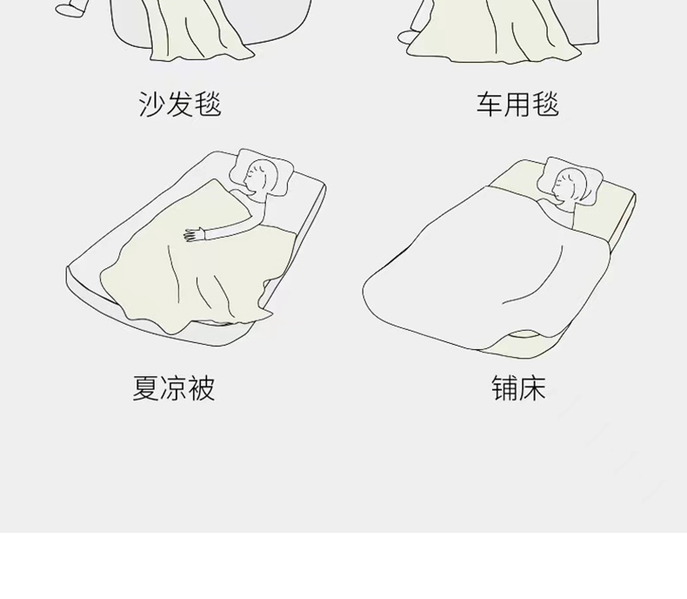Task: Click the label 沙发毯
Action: pos(180,104)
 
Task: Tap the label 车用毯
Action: pos(517,104)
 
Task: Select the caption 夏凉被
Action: pos(174,388)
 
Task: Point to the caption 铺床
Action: pos(518,388)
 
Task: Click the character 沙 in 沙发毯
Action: pos(152,104)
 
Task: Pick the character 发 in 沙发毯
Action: pos(180,104)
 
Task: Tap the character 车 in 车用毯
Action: pos(490,104)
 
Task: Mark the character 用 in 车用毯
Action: pos(517,104)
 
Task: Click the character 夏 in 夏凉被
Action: pos(146,388)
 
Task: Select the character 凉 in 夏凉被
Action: pos(174,388)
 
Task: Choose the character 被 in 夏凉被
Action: pos(202,388)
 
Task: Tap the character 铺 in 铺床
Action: pos(505,388)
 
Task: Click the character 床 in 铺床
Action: pos(532,388)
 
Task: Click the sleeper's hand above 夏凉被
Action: pos(192,233)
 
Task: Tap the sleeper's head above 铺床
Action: pos(570,185)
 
